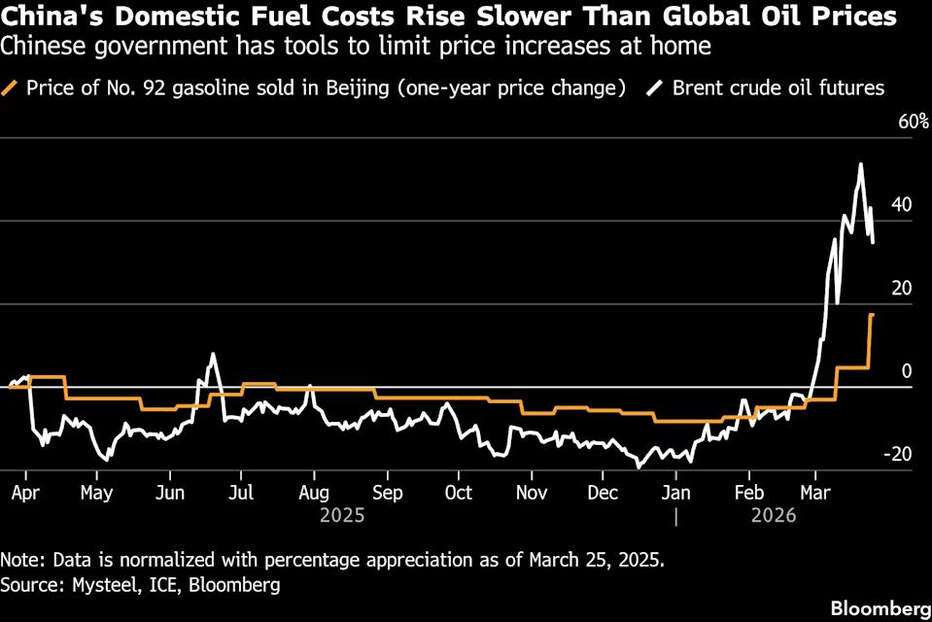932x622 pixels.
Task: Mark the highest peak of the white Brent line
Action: [860, 164]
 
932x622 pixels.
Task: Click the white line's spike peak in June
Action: [212, 354]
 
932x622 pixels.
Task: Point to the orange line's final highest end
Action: [872, 315]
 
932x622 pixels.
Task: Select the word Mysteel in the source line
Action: [89, 585]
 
